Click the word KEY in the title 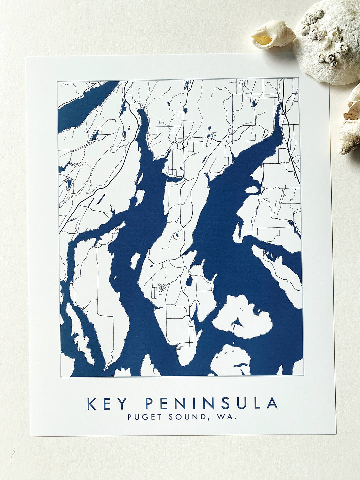coord(107,404)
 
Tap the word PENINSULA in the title coord(211,404)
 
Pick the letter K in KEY coord(91,404)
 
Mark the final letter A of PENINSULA coord(272,404)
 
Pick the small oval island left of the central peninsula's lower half coord(135,260)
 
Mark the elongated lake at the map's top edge coord(187,85)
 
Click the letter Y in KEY coord(122,404)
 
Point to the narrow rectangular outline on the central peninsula coord(154,292)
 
